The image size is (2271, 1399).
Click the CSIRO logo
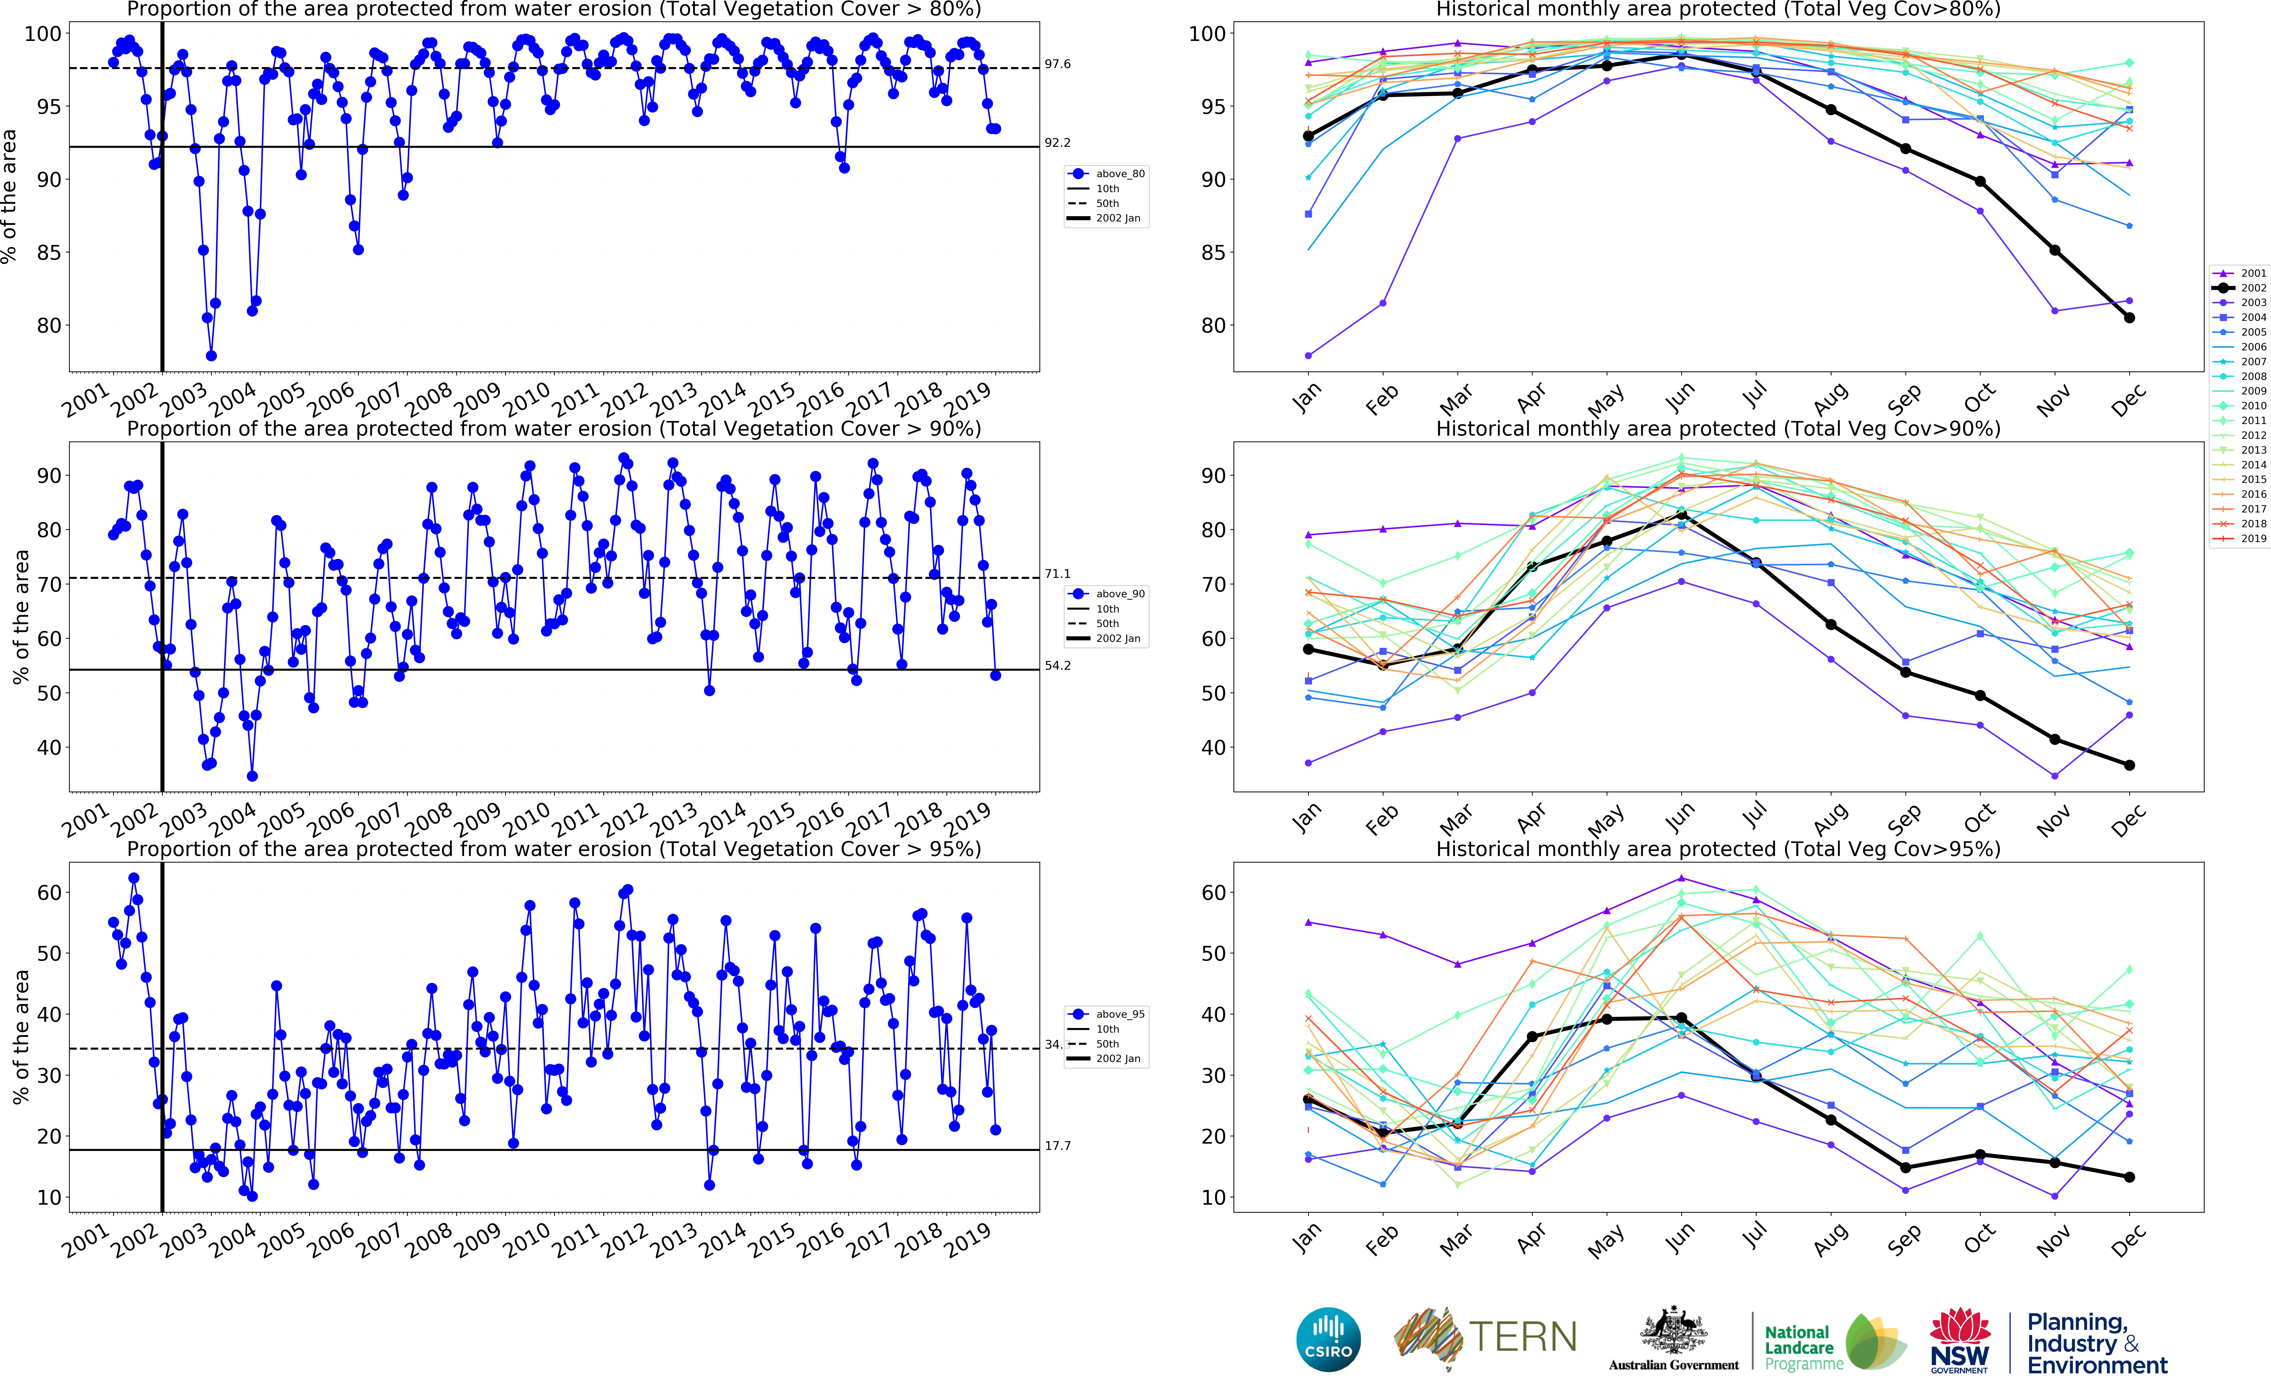[x=1328, y=1339]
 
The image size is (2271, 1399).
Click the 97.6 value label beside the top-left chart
[x=1057, y=64]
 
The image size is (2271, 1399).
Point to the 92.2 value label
[x=1057, y=142]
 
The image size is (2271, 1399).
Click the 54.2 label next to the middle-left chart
[x=1057, y=665]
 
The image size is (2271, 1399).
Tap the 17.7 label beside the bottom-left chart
[x=1057, y=1146]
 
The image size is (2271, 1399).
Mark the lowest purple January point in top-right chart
[x=1308, y=355]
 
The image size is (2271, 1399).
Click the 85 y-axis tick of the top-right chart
[x=1212, y=253]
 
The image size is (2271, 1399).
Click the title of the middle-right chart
[x=1718, y=428]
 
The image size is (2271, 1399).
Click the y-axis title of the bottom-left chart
[x=20, y=1036]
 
